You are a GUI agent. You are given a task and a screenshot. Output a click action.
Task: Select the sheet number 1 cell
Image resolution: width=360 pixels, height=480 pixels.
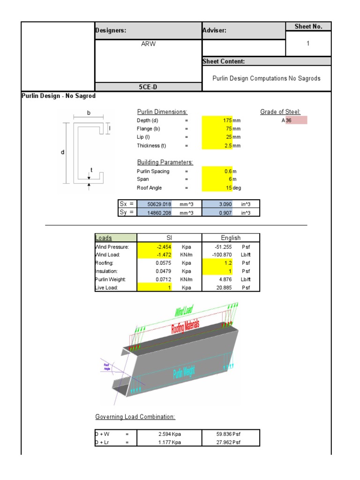(x=308, y=43)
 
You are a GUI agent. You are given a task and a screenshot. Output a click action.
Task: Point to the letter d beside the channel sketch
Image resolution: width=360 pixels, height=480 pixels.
(x=63, y=153)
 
